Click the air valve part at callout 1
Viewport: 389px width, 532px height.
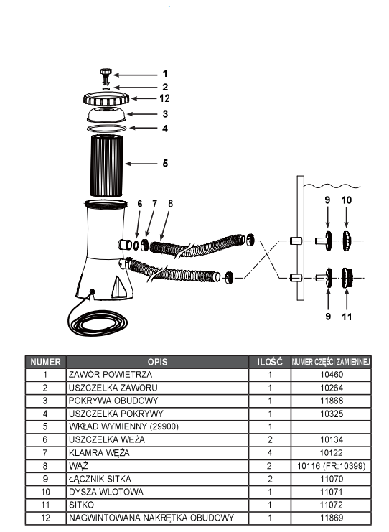[106, 75]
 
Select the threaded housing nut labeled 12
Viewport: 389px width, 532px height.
[106, 99]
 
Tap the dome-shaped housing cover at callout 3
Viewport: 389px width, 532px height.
[106, 115]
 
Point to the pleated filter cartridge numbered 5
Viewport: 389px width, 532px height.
[106, 166]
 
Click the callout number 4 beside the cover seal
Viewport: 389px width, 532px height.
[165, 129]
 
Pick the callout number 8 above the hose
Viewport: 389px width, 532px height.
[170, 204]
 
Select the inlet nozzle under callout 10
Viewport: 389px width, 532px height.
[346, 241]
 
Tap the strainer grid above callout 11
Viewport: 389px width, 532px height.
[347, 278]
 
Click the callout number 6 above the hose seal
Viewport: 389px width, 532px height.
[140, 204]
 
